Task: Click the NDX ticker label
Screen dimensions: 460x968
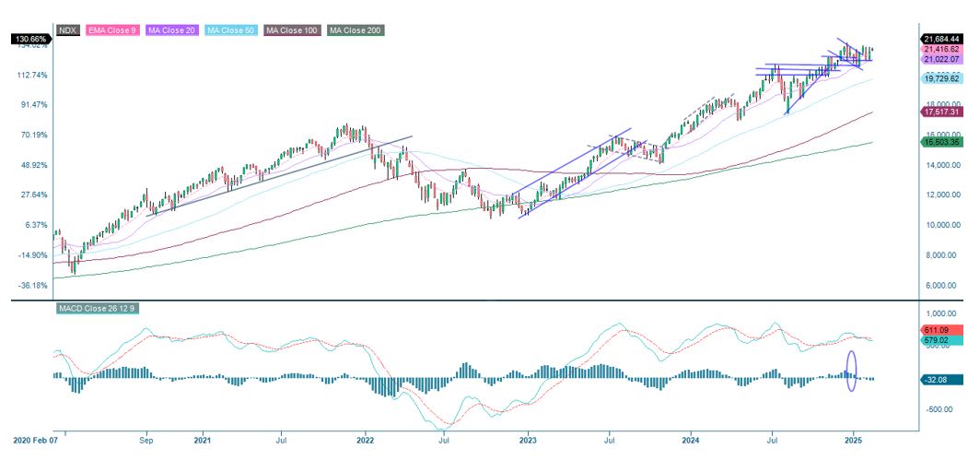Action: pyautogui.click(x=66, y=30)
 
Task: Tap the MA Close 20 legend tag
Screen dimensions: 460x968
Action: pyautogui.click(x=172, y=30)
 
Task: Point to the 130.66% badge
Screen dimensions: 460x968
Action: pyautogui.click(x=31, y=39)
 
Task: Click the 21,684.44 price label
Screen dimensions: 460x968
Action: pyautogui.click(x=941, y=39)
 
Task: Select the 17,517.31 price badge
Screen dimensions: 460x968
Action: pyautogui.click(x=941, y=112)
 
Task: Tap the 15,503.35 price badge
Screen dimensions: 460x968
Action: pyautogui.click(x=941, y=142)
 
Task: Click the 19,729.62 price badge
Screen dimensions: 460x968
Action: pyautogui.click(x=941, y=79)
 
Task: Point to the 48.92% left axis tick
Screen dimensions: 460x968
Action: pyautogui.click(x=32, y=165)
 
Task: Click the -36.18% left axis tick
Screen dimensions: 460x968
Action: pyautogui.click(x=32, y=286)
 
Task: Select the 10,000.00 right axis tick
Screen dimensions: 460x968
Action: pyautogui.click(x=941, y=225)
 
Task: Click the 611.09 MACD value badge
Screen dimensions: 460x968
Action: pyautogui.click(x=941, y=330)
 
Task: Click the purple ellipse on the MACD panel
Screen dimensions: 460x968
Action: pyautogui.click(x=851, y=371)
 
